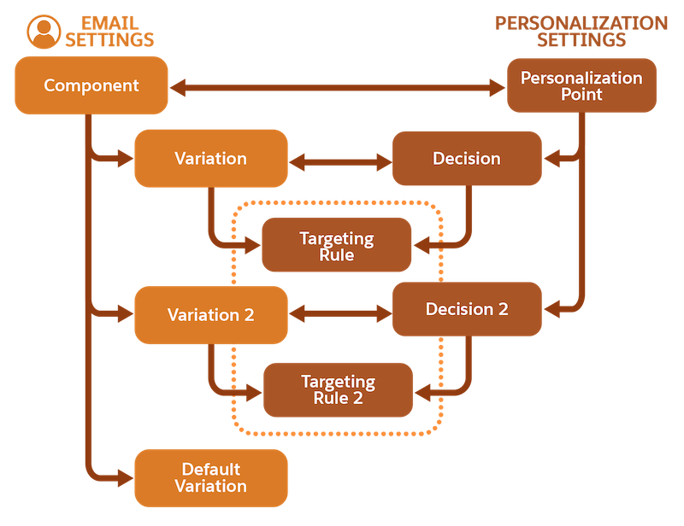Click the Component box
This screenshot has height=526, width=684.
[x=91, y=85]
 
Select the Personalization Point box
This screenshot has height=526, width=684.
[x=581, y=85]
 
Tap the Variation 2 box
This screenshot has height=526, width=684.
[x=211, y=314]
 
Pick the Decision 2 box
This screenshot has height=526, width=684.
[x=467, y=309]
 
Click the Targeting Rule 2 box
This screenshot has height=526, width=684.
[x=338, y=389]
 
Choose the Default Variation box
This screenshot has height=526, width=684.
[x=211, y=477]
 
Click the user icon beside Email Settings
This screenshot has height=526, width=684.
[x=44, y=32]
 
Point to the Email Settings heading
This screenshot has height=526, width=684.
[x=109, y=32]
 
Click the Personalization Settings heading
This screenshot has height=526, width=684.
[x=581, y=32]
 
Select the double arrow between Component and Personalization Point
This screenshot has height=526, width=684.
[x=337, y=88]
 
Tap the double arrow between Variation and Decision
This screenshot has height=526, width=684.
[x=340, y=162]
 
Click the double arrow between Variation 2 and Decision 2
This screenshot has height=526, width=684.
[x=340, y=313]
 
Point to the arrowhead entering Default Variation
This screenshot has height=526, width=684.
[x=126, y=478]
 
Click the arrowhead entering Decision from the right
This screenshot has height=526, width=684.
[x=551, y=158]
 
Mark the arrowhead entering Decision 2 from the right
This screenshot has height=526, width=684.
[x=551, y=309]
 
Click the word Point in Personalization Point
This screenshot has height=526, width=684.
[x=581, y=94]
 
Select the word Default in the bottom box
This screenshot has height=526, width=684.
[x=211, y=470]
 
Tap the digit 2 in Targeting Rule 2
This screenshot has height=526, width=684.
[x=357, y=398]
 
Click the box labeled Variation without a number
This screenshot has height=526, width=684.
[x=211, y=158]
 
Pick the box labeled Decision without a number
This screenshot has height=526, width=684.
[x=467, y=158]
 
